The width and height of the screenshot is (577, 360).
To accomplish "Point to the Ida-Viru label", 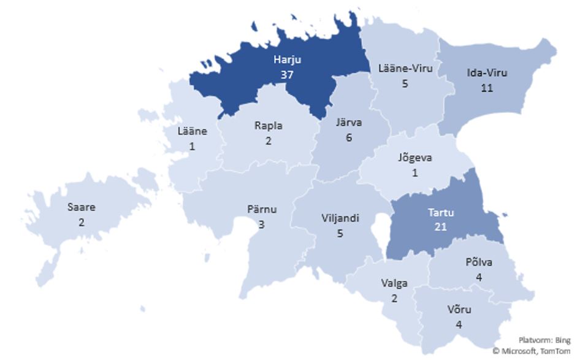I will point(487,73).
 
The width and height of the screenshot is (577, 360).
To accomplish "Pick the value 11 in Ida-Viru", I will point(487,87).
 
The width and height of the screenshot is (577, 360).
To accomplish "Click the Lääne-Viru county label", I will point(405,68).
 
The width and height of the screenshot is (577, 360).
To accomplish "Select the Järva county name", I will point(350,123).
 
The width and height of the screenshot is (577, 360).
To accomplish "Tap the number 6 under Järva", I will point(350,137).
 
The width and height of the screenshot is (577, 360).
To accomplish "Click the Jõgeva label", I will point(416,158).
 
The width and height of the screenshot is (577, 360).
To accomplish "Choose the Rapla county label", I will point(269,126).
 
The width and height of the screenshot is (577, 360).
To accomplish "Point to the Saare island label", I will point(81,207).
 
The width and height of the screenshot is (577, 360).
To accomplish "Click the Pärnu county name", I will point(261,209).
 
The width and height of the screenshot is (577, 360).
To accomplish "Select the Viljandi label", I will point(340,218).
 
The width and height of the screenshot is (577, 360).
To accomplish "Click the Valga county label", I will point(394,283).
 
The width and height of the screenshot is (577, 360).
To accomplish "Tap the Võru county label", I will point(459,308).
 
